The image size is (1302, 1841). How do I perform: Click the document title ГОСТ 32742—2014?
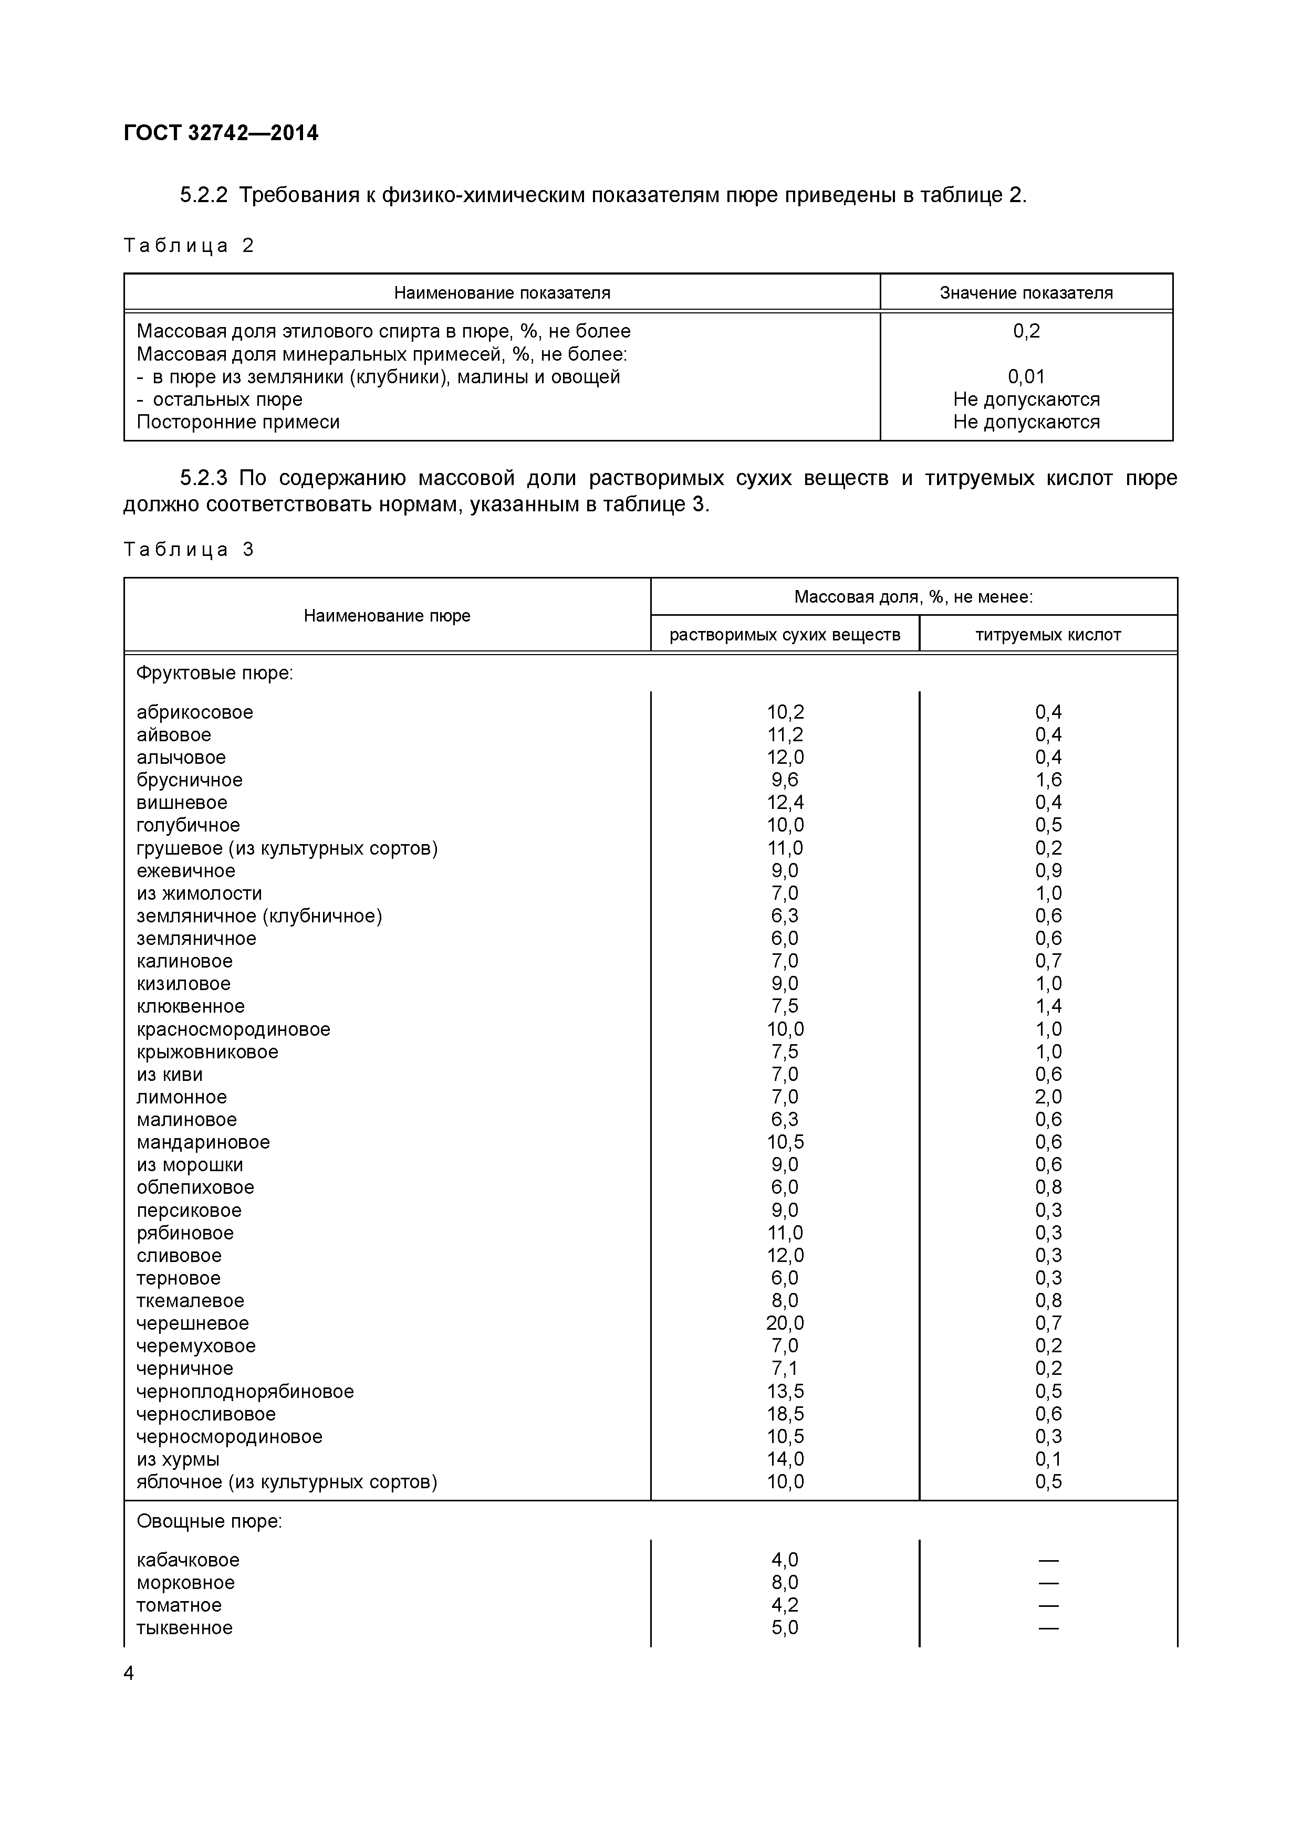pyautogui.click(x=222, y=133)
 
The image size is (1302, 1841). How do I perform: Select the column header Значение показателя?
pyautogui.click(x=1026, y=293)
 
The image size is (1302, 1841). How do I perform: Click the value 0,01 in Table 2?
pyautogui.click(x=1026, y=377)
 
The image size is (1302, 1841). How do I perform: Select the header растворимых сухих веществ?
pyautogui.click(x=785, y=635)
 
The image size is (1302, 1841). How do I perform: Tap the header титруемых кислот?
pyautogui.click(x=1048, y=635)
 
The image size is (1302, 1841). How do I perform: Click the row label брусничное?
pyautogui.click(x=189, y=780)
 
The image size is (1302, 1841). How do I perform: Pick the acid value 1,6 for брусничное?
pyautogui.click(x=1048, y=780)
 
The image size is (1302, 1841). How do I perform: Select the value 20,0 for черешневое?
pyautogui.click(x=785, y=1323)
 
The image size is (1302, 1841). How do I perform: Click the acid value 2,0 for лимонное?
pyautogui.click(x=1048, y=1097)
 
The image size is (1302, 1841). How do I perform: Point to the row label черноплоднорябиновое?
pyautogui.click(x=245, y=1391)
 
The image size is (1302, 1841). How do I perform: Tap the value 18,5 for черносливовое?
pyautogui.click(x=785, y=1414)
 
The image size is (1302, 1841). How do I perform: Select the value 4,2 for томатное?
pyautogui.click(x=785, y=1605)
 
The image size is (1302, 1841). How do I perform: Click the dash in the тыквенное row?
pyautogui.click(x=1048, y=1628)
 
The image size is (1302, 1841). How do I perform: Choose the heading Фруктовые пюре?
pyautogui.click(x=215, y=674)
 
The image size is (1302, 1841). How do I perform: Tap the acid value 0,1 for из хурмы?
pyautogui.click(x=1048, y=1459)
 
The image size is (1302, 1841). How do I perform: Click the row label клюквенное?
pyautogui.click(x=190, y=1006)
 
